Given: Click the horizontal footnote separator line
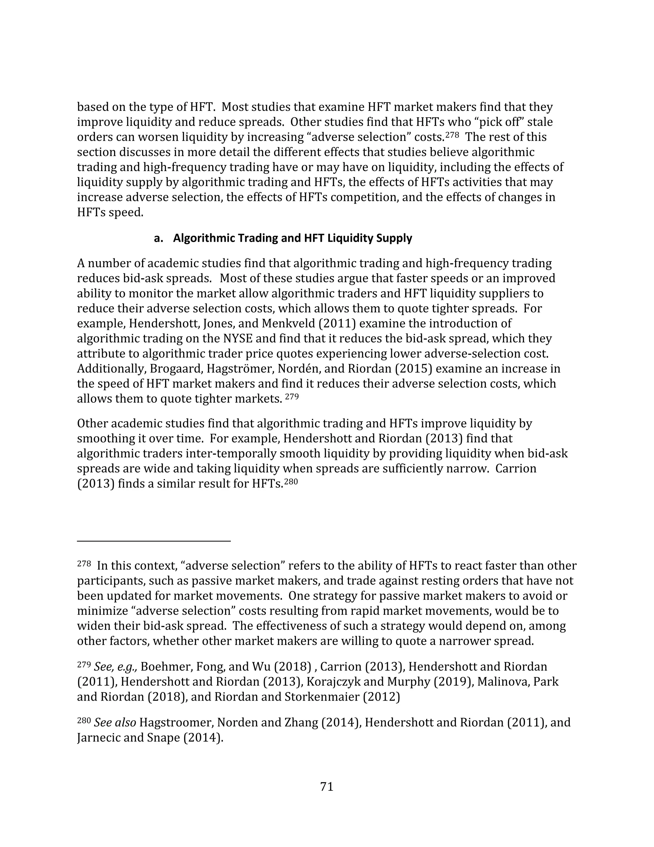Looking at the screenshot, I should point(154,540).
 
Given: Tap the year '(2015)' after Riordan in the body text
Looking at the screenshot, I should point(413,369).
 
